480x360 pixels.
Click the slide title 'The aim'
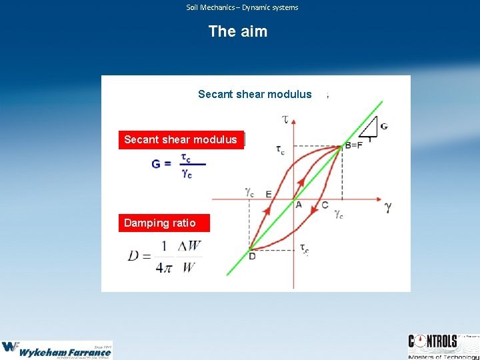[x=238, y=31]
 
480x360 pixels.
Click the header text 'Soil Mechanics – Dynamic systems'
[x=242, y=7]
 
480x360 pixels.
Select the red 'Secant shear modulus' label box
[x=181, y=139]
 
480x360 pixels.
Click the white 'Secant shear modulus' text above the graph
[x=255, y=94]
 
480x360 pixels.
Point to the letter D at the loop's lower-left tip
[x=252, y=255]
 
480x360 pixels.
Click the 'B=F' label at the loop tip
[x=353, y=145]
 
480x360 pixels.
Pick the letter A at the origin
[x=299, y=204]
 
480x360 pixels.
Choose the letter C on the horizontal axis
[x=325, y=205]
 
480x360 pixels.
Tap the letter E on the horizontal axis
[x=268, y=194]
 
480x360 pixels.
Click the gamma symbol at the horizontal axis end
[x=388, y=207]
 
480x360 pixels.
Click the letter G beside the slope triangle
[x=383, y=127]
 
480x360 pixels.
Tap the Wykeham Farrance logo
[x=56, y=349]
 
